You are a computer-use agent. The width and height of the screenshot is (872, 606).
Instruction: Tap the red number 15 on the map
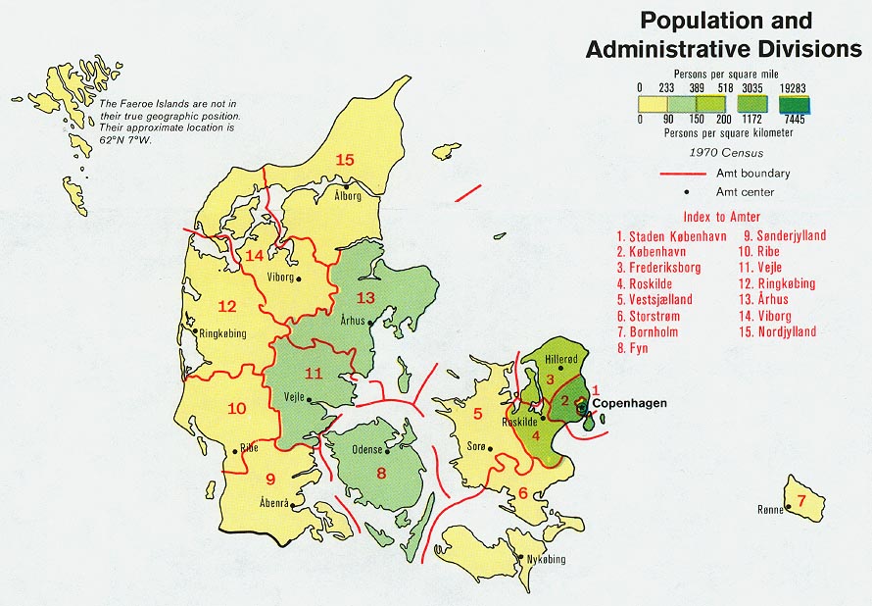click(344, 161)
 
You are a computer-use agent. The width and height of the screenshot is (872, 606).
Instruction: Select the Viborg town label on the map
click(279, 278)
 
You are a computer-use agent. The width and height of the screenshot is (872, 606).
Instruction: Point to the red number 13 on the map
click(366, 297)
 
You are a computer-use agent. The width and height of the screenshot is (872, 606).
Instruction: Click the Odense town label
click(367, 450)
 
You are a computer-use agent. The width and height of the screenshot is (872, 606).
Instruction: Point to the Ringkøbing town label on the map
click(222, 333)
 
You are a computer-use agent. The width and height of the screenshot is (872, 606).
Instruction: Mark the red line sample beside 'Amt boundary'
click(683, 174)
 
